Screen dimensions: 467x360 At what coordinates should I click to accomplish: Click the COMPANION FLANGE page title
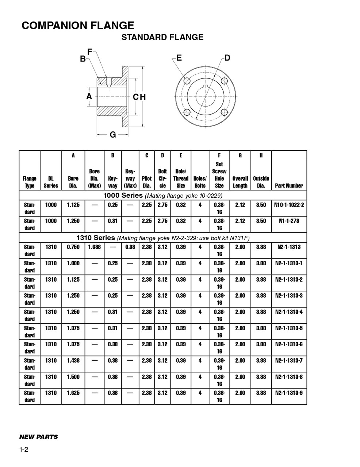click(x=78, y=26)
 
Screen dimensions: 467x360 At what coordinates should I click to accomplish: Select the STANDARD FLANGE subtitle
click(x=162, y=37)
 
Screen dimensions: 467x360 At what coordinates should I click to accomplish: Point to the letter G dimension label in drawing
click(x=113, y=135)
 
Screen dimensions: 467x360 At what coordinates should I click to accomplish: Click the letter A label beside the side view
click(x=89, y=96)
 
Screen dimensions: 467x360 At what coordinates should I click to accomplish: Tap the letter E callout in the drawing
click(x=179, y=58)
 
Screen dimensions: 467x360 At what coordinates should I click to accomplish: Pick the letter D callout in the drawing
click(x=227, y=58)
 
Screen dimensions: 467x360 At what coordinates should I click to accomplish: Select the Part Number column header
click(x=289, y=186)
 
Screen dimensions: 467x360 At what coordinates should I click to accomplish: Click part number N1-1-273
click(x=289, y=221)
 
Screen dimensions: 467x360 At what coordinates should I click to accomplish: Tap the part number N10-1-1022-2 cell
click(x=289, y=205)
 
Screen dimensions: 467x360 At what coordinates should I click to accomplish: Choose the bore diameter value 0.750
click(x=73, y=247)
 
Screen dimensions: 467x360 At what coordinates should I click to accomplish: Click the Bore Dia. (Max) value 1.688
click(x=95, y=247)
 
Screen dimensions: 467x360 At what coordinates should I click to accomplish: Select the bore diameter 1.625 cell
click(x=73, y=393)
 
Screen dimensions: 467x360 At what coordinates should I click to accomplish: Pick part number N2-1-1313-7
click(x=289, y=360)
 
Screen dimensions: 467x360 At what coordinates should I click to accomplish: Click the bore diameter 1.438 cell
click(x=73, y=360)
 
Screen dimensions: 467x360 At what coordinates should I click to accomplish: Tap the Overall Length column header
click(x=240, y=182)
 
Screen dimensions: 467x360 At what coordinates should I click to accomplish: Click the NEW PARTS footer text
click(x=38, y=437)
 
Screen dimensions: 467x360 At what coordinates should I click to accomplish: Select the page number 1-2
click(x=24, y=449)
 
